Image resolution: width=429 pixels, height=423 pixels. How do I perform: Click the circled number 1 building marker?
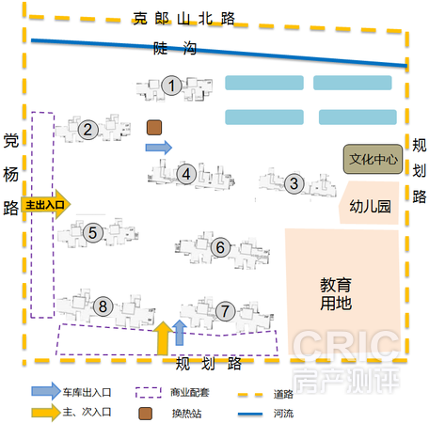tap(171, 86)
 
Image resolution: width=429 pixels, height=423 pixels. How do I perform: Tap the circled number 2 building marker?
tap(87, 130)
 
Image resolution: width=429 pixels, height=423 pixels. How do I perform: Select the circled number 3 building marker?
tap(294, 183)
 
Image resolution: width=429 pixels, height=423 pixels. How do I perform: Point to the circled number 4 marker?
tap(186, 174)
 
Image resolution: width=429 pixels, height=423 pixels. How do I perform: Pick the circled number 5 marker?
tap(92, 232)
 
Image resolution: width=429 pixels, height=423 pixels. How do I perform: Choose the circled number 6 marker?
tap(220, 247)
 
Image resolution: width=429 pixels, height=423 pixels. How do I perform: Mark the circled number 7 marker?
tap(225, 311)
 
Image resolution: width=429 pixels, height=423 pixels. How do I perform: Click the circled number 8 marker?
tap(103, 306)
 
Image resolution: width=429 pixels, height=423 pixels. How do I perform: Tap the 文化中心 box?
tap(373, 159)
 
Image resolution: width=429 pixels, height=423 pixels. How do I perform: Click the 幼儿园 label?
tap(370, 207)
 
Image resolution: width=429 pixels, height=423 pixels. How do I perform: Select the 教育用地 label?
tap(336, 294)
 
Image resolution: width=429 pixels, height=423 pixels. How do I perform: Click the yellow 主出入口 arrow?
tap(46, 204)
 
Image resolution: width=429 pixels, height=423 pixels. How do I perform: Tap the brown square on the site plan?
tap(154, 128)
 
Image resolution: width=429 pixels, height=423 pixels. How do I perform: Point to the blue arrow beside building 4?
tap(159, 148)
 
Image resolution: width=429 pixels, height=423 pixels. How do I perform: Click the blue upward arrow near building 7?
tap(180, 333)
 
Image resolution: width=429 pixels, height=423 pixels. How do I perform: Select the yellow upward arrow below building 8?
tap(163, 338)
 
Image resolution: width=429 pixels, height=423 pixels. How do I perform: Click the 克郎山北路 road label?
tap(183, 19)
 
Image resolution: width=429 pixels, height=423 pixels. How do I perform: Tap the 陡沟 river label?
tap(175, 48)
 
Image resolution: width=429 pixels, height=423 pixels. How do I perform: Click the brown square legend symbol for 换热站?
tap(146, 414)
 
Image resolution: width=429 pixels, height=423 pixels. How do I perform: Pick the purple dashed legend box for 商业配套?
tap(149, 392)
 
